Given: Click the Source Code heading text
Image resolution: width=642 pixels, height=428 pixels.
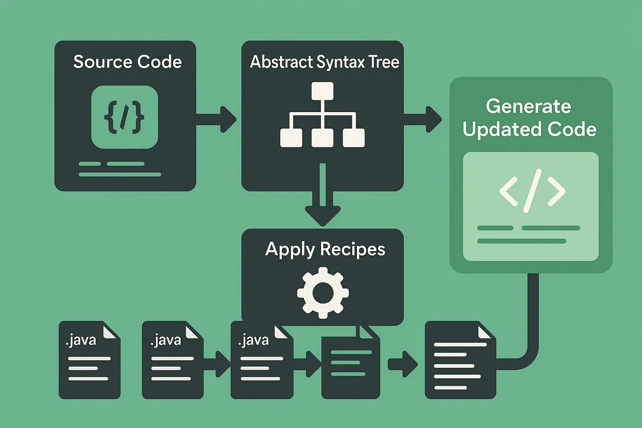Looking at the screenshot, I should coord(127,62).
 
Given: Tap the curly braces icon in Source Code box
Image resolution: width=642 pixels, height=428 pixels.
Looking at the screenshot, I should coord(124,117).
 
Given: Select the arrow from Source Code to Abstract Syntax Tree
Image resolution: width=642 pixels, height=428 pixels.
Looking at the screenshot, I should coord(217,119).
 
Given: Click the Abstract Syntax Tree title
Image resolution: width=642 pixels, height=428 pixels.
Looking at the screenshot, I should coord(324,62).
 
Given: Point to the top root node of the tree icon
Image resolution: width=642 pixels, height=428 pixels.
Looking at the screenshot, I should coord(322,91).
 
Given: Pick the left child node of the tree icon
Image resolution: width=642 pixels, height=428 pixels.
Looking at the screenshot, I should coord(291,138).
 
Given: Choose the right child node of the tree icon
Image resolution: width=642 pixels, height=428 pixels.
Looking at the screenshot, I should coord(354,138).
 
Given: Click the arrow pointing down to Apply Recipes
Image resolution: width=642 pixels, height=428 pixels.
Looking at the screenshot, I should coord(322,199).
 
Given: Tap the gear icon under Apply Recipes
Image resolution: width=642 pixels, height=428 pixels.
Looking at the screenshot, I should coord(323,292).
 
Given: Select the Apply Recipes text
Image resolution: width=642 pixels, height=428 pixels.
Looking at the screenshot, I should coord(325,249).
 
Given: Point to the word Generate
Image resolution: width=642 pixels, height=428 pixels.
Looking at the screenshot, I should coord(528,106).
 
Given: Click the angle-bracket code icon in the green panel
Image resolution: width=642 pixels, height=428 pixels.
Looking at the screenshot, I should coord(532,191).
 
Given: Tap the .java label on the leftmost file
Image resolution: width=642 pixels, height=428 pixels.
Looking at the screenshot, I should coord(81,340).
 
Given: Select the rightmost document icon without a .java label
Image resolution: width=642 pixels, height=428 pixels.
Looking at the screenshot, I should coord(460,362).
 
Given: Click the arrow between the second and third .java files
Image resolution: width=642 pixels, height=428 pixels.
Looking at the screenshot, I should coord(217,364).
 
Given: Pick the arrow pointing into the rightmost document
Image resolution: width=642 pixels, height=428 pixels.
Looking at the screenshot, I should coord(403,364).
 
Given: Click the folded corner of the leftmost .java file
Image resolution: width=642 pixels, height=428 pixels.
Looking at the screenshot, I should coord(110,331).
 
